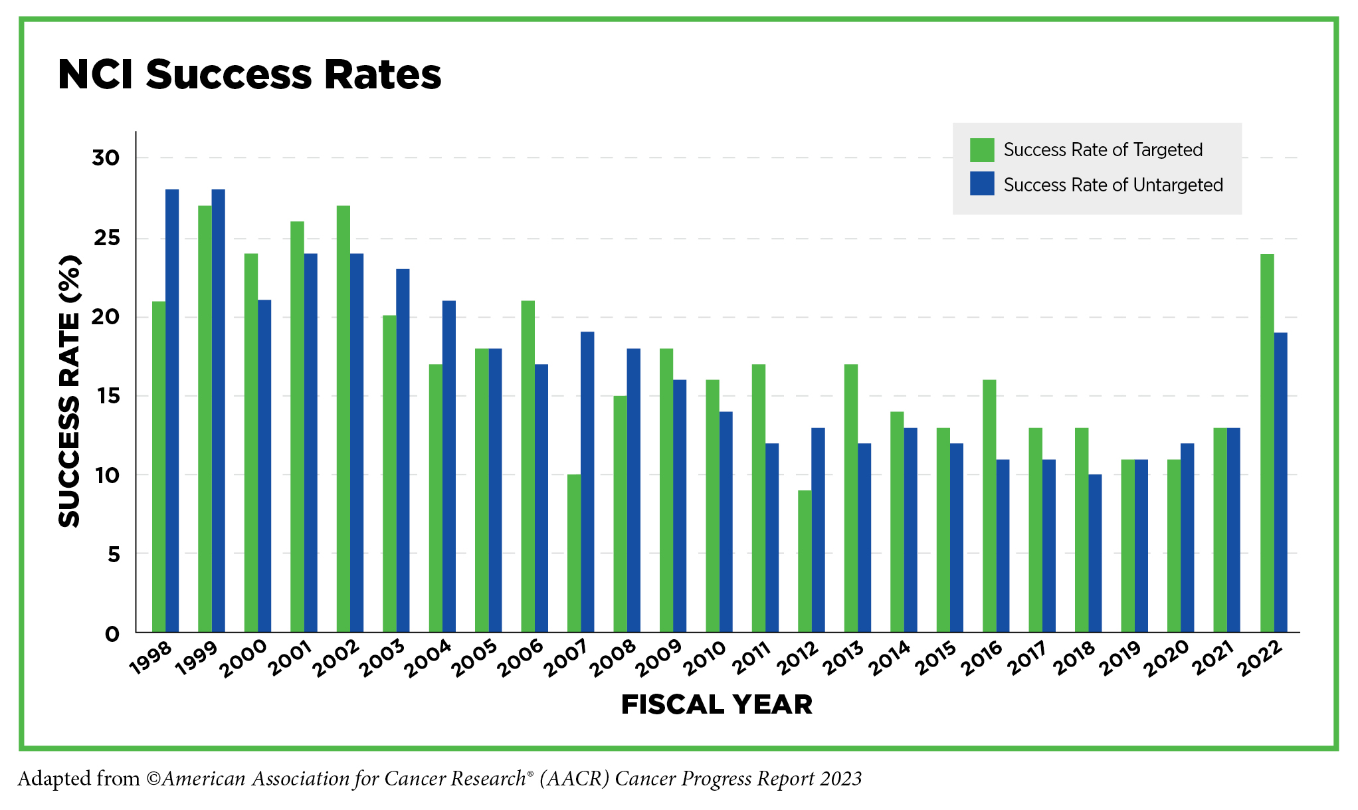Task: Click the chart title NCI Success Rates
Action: pyautogui.click(x=249, y=74)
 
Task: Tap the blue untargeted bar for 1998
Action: pyautogui.click(x=172, y=411)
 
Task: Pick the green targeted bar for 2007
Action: pyautogui.click(x=574, y=553)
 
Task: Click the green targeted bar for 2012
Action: pyautogui.click(x=805, y=561)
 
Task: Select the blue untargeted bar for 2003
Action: pyautogui.click(x=403, y=450)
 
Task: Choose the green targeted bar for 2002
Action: pyautogui.click(x=343, y=419)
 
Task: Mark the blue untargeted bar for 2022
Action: pyautogui.click(x=1280, y=482)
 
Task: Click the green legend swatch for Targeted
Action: pyautogui.click(x=982, y=150)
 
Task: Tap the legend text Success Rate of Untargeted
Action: pyautogui.click(x=1113, y=185)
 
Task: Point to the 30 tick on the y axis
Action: pyautogui.click(x=106, y=158)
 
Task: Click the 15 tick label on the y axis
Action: pyautogui.click(x=106, y=396)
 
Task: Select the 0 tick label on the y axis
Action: pyautogui.click(x=112, y=634)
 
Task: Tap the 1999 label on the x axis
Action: pyautogui.click(x=197, y=657)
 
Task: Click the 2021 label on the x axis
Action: pyautogui.click(x=1212, y=657)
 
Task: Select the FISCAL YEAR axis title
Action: pyautogui.click(x=716, y=705)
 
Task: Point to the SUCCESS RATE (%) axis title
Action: pyautogui.click(x=69, y=392)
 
